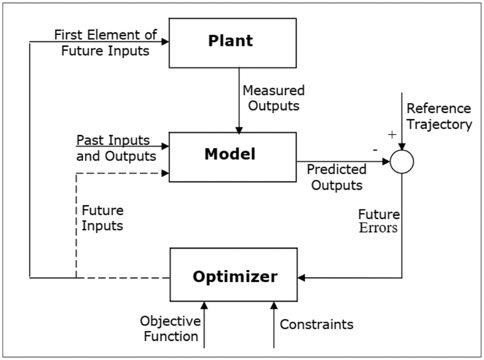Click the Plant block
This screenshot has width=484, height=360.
(x=232, y=43)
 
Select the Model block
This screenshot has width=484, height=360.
(x=232, y=157)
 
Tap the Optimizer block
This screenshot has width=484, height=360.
(x=233, y=277)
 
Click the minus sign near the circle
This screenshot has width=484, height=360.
(x=375, y=150)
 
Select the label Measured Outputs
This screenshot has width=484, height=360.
(x=273, y=98)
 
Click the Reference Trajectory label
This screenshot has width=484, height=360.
(x=439, y=116)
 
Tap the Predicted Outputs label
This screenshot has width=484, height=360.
(x=337, y=177)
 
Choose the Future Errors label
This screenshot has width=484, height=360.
(x=378, y=221)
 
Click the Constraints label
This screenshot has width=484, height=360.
(x=317, y=324)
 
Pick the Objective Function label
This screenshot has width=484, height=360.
(x=170, y=328)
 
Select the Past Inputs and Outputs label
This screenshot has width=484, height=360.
(x=116, y=148)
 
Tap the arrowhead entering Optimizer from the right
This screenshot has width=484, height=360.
(x=302, y=278)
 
